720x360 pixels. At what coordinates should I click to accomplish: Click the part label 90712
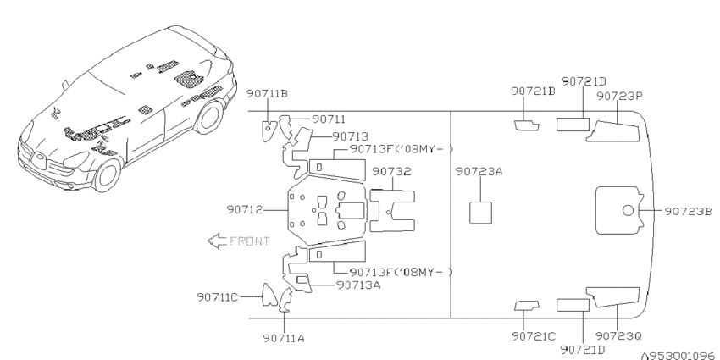click(x=244, y=210)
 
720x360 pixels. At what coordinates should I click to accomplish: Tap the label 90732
click(x=391, y=171)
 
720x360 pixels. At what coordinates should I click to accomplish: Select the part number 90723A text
click(x=479, y=171)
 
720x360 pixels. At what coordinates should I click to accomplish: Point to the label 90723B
click(x=689, y=211)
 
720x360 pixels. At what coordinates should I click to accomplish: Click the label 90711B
click(x=267, y=94)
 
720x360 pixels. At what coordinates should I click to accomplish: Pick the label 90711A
click(x=284, y=339)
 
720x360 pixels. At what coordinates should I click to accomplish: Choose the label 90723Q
click(x=618, y=336)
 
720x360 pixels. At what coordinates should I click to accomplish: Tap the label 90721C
click(x=534, y=336)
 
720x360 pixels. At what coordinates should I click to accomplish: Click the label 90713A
click(x=358, y=285)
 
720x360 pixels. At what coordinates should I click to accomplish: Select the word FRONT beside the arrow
click(x=249, y=241)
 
